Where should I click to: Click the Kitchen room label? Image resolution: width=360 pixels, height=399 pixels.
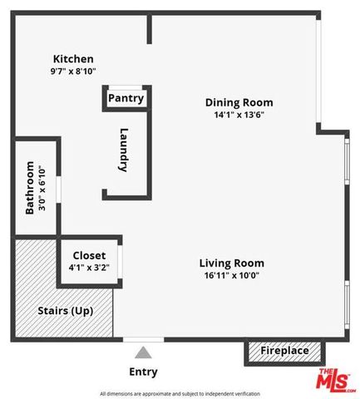click(73, 59)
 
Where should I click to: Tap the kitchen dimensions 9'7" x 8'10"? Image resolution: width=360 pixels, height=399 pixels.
click(73, 71)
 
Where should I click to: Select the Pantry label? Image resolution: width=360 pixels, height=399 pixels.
click(126, 98)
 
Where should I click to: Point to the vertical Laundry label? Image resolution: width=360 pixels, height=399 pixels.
click(124, 149)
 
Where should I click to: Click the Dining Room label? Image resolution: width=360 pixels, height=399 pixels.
click(239, 103)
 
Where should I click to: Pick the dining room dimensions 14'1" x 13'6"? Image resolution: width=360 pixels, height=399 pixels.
click(239, 116)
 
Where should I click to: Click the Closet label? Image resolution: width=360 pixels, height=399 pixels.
click(89, 255)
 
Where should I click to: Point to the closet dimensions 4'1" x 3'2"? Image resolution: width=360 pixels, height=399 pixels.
click(89, 268)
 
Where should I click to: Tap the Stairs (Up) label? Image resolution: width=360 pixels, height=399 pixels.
click(65, 311)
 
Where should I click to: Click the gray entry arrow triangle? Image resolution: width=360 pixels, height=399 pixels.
click(144, 352)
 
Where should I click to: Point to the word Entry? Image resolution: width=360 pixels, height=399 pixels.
click(143, 372)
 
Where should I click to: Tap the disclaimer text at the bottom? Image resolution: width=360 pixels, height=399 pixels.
click(180, 393)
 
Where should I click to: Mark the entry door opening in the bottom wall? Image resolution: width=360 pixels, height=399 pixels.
click(143, 339)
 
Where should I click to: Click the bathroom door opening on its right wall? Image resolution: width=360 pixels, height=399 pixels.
click(58, 188)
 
